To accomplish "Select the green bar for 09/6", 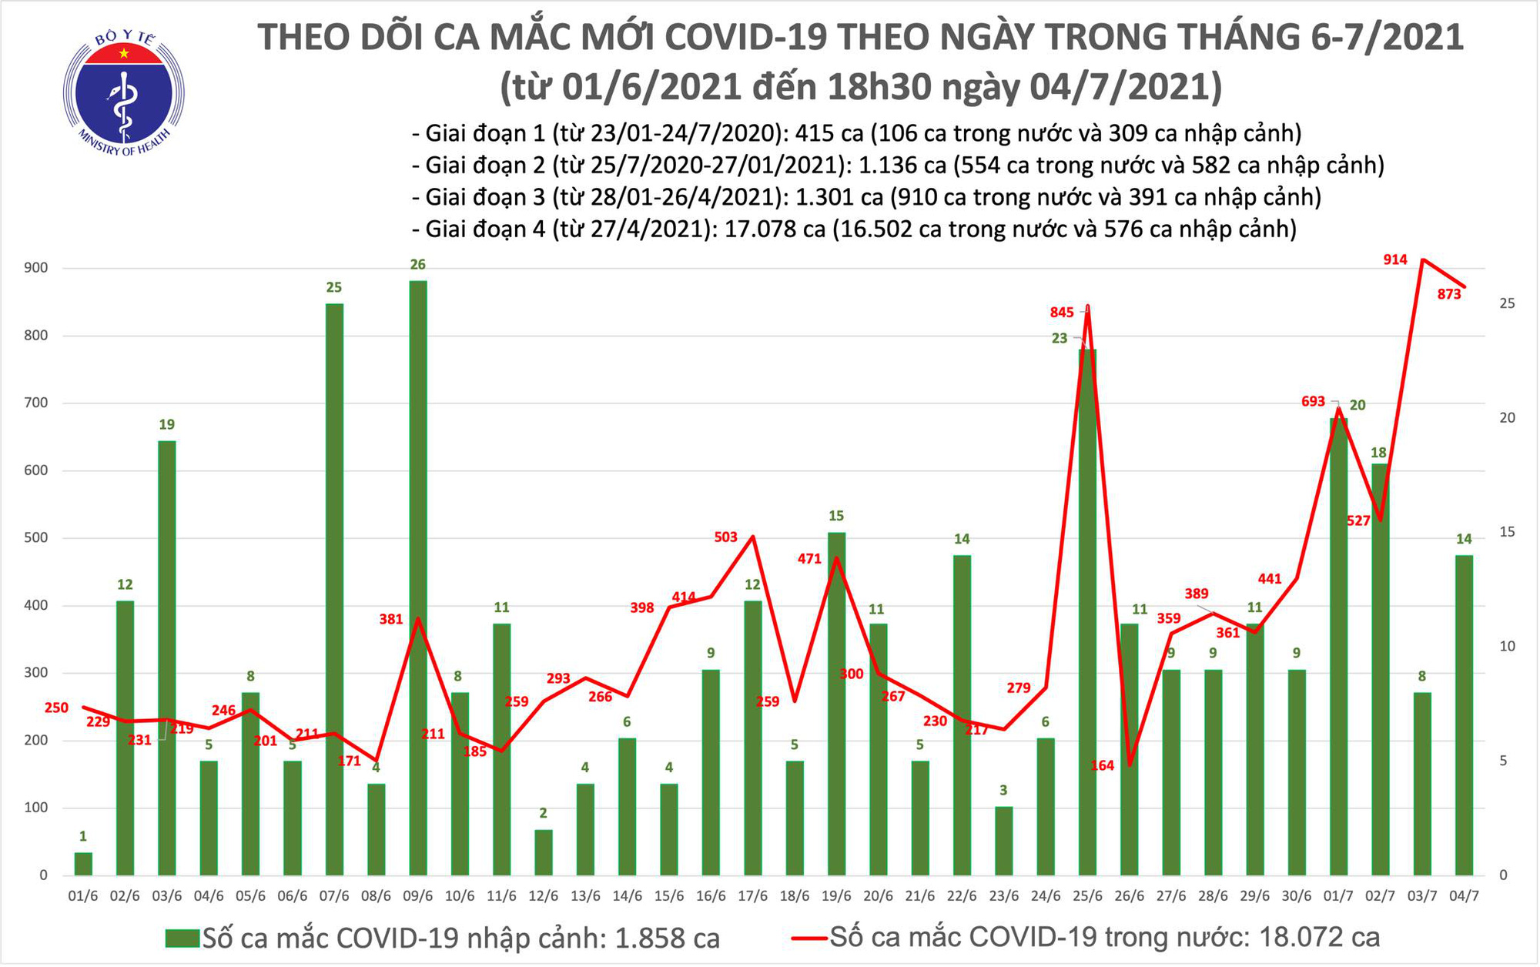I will (417, 577).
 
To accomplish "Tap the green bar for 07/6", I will (334, 589).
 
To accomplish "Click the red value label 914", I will (1395, 260).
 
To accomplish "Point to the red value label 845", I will (1062, 312).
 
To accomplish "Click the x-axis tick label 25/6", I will (1087, 896).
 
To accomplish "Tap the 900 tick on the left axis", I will (37, 268).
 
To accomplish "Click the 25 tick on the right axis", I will (1507, 303).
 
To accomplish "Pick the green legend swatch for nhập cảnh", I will (182, 938).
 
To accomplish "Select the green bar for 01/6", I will (83, 864).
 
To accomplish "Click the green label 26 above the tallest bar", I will (417, 265).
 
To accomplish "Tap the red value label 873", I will (1449, 294).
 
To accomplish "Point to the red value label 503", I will (725, 537).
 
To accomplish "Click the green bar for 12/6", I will (543, 852).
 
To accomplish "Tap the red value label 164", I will (1103, 765).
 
